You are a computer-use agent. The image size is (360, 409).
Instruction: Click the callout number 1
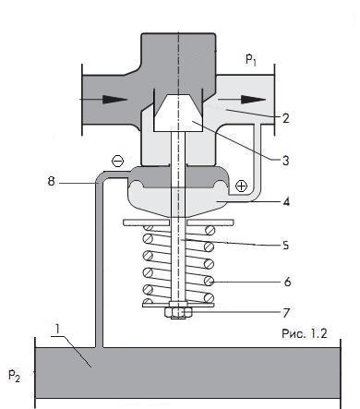click(57, 330)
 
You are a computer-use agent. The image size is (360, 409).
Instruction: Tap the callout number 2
click(286, 118)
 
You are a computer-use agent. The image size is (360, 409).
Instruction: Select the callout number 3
click(286, 161)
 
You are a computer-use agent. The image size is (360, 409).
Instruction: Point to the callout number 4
click(286, 202)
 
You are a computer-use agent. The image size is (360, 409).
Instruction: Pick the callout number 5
click(286, 246)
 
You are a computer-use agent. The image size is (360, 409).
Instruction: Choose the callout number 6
click(287, 282)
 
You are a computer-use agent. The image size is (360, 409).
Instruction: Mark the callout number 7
click(286, 313)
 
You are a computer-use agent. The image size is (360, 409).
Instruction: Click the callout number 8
click(51, 181)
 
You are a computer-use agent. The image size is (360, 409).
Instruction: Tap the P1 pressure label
click(251, 59)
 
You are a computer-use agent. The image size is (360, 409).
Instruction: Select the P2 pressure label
click(14, 375)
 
